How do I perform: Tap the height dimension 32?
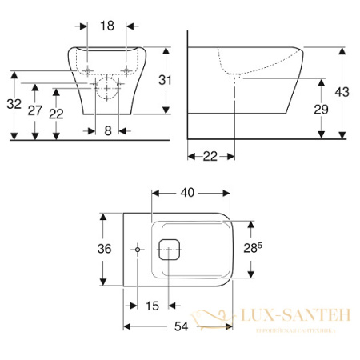[13, 104]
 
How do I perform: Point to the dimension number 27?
[34, 110]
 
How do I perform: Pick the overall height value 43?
[342, 92]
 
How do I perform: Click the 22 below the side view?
[210, 156]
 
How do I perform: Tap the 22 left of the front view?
[56, 114]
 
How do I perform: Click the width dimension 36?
[104, 249]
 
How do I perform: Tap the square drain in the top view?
[170, 250]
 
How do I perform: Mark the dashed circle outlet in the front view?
[105, 90]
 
